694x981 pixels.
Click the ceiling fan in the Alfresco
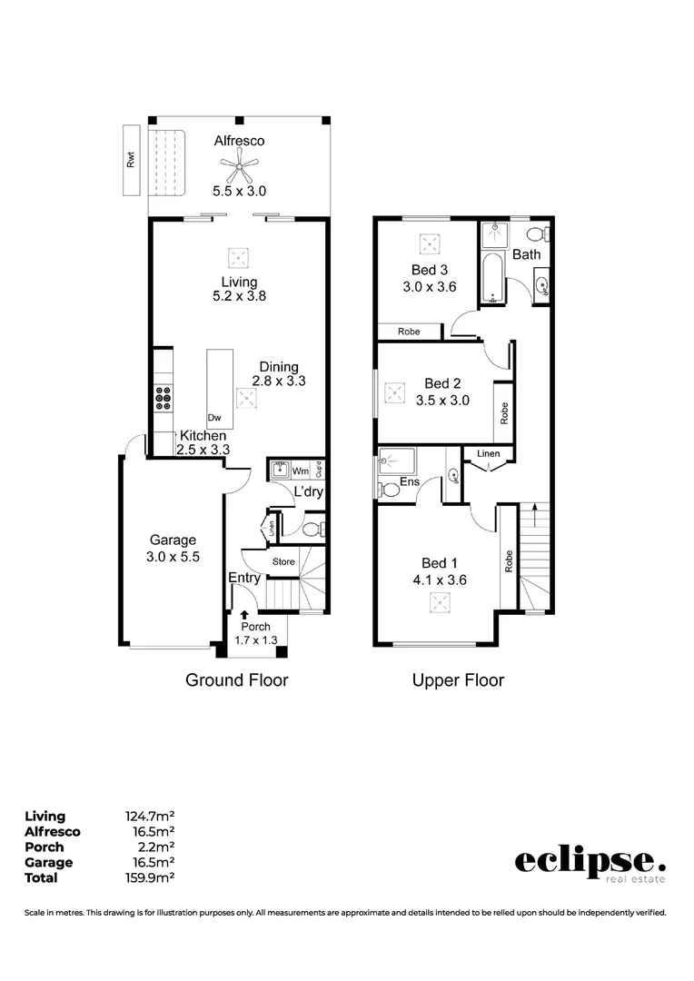[239, 164]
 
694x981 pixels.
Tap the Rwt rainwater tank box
[133, 162]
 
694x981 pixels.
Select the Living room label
[239, 282]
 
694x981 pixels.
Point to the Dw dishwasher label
[214, 418]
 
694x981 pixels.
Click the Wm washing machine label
[299, 471]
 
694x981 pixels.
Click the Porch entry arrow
[243, 616]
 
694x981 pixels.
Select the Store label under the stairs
[284, 562]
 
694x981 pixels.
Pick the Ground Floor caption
[237, 679]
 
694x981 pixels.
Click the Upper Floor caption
[458, 679]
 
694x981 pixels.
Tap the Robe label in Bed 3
[409, 332]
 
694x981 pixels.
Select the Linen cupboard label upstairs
[489, 453]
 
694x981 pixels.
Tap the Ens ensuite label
[410, 481]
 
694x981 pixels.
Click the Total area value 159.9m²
[149, 877]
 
